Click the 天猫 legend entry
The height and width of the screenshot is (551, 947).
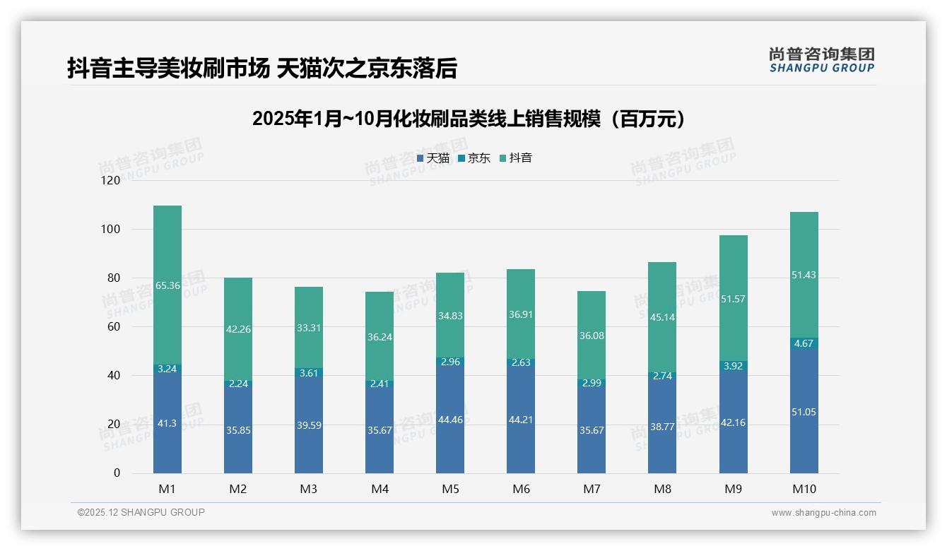pos(433,158)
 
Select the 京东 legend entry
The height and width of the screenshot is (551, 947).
pos(474,158)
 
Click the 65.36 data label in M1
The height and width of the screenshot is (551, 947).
pos(167,286)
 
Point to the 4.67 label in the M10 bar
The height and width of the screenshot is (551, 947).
pos(804,343)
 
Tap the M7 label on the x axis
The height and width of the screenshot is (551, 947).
pos(592,489)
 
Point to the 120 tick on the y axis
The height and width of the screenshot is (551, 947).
pos(111,181)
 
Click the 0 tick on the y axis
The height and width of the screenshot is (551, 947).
pos(117,473)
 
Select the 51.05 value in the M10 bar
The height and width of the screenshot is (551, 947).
pos(804,412)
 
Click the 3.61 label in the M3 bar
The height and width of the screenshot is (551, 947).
pos(309,372)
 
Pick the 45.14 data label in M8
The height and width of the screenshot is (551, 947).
pos(662,317)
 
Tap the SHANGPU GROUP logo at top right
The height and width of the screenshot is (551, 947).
pos(821,60)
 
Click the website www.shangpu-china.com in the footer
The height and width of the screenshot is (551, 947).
pos(823,513)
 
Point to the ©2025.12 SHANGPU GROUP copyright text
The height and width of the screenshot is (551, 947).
pos(141,512)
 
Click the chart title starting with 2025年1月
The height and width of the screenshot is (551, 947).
pos(469,119)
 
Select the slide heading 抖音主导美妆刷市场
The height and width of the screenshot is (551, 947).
pos(262,69)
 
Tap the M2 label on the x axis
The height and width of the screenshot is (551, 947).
pos(238,489)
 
